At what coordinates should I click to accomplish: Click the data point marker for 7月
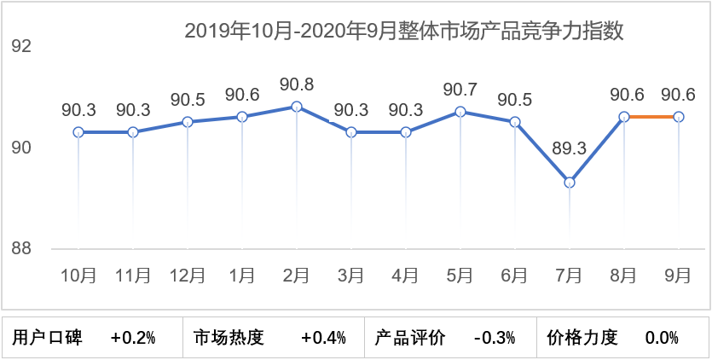(x=570, y=183)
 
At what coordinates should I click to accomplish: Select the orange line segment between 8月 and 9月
(x=651, y=116)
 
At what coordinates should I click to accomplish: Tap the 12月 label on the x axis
(x=188, y=275)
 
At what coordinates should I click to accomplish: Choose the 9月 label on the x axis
(x=679, y=275)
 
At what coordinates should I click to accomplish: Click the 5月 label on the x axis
(x=460, y=275)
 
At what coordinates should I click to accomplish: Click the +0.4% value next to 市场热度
(x=323, y=338)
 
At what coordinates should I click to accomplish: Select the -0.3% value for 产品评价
(x=495, y=338)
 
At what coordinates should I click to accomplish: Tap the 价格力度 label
(x=582, y=338)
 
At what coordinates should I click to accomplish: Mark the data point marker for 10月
(x=78, y=132)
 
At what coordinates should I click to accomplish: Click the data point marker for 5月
(x=460, y=112)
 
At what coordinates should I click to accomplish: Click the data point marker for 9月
(x=679, y=116)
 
